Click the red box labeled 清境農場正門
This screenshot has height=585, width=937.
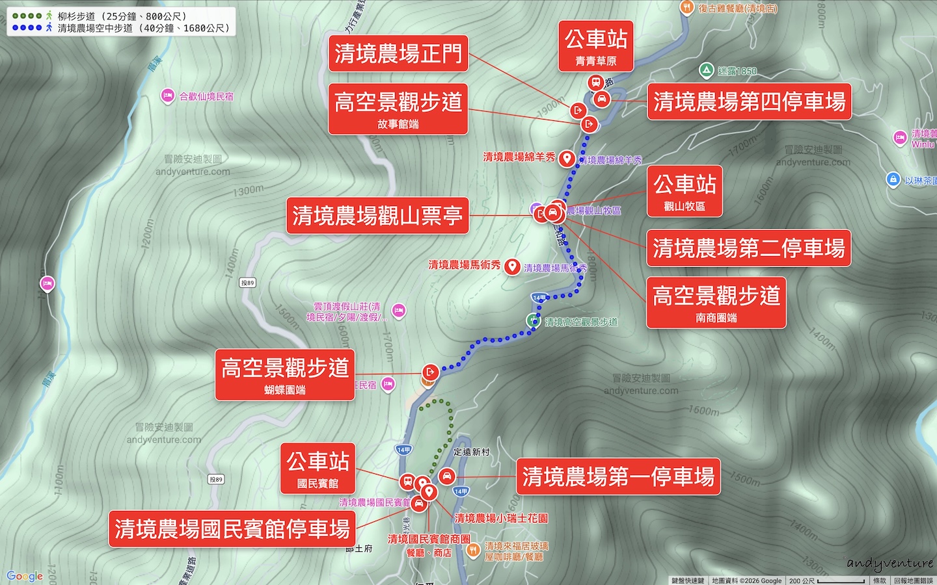coord(398,53)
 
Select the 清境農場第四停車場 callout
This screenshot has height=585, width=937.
coord(749,101)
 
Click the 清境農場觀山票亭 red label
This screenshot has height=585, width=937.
coord(377,216)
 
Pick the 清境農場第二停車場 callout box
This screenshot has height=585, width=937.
coord(748,248)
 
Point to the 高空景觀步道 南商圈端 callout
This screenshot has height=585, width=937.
coord(716,302)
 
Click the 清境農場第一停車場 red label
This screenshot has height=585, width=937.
coord(618,476)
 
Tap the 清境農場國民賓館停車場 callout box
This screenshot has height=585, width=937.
coord(232,528)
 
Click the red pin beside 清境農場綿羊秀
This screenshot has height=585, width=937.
coord(567,158)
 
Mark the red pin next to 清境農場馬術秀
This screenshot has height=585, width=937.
coord(512,266)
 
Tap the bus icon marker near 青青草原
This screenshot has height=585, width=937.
coord(595,83)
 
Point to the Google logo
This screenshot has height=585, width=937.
coord(25,576)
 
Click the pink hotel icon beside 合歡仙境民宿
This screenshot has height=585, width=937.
coord(167,96)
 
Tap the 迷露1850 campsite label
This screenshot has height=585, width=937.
coord(737,71)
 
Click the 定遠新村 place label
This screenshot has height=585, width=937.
coord(472,452)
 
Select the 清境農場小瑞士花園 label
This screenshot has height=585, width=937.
coord(501,518)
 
